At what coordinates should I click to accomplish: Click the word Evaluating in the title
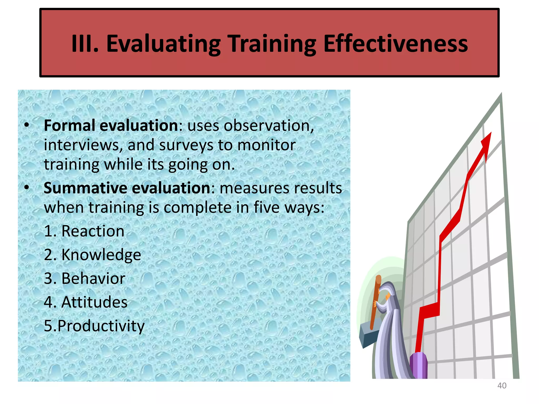point(163,44)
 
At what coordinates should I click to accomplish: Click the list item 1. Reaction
point(84,231)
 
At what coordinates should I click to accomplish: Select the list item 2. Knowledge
point(92,255)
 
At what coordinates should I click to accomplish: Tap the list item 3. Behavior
point(84,279)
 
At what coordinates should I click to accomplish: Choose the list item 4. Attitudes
point(86,302)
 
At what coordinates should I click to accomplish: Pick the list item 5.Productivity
point(94,326)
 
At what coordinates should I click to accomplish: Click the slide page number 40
point(502,386)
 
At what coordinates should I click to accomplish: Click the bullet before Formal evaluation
point(26,125)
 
